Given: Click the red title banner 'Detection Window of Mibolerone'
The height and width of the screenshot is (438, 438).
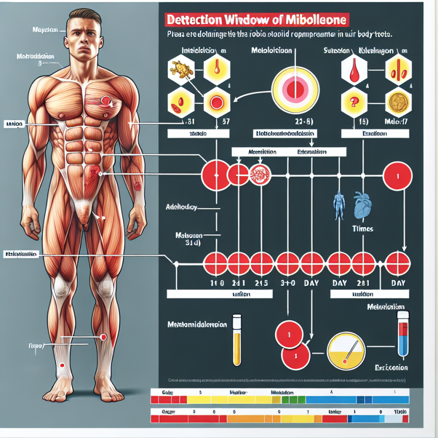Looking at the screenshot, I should click(x=257, y=20).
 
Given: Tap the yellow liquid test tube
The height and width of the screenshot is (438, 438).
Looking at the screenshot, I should click(x=236, y=340).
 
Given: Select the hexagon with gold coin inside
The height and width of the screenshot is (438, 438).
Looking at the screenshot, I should click(x=398, y=102).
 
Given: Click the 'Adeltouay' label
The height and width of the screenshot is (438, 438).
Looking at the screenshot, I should click(x=181, y=208).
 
